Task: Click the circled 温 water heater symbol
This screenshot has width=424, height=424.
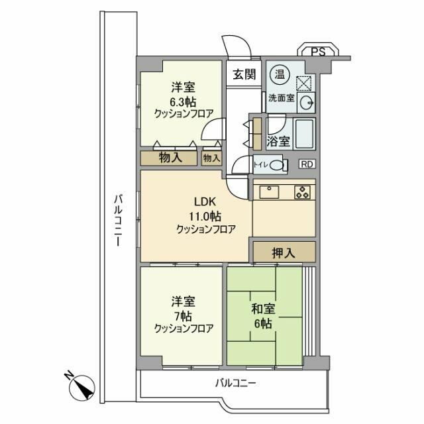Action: click(x=280, y=75)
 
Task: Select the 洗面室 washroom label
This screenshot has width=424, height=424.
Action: click(x=282, y=98)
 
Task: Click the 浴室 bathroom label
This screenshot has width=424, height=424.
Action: click(x=278, y=140)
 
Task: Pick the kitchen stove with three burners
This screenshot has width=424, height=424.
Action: click(x=302, y=192)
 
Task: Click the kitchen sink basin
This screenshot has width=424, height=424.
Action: click(x=270, y=192)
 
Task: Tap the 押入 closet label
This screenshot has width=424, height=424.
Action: click(x=283, y=252)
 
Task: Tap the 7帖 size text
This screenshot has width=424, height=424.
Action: click(x=184, y=314)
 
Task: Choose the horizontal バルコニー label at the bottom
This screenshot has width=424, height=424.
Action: click(x=235, y=382)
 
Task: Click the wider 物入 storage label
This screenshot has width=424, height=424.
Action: click(x=171, y=158)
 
